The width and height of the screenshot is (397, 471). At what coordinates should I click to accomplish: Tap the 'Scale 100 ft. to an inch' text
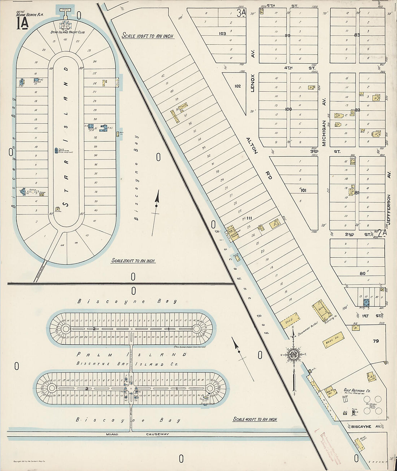coord(147,36)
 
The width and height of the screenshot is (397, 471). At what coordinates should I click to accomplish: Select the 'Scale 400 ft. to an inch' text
coord(255,419)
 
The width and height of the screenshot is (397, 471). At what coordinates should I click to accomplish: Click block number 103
coord(222,34)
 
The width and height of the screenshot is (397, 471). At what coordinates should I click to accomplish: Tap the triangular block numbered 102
coord(237,86)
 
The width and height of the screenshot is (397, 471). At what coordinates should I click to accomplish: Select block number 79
coord(376,341)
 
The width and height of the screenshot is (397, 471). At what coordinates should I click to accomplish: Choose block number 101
coord(303,190)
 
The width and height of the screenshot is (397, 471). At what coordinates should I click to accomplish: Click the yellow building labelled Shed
coord(290,321)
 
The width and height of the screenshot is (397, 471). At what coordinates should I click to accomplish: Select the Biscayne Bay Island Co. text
coord(127,364)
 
